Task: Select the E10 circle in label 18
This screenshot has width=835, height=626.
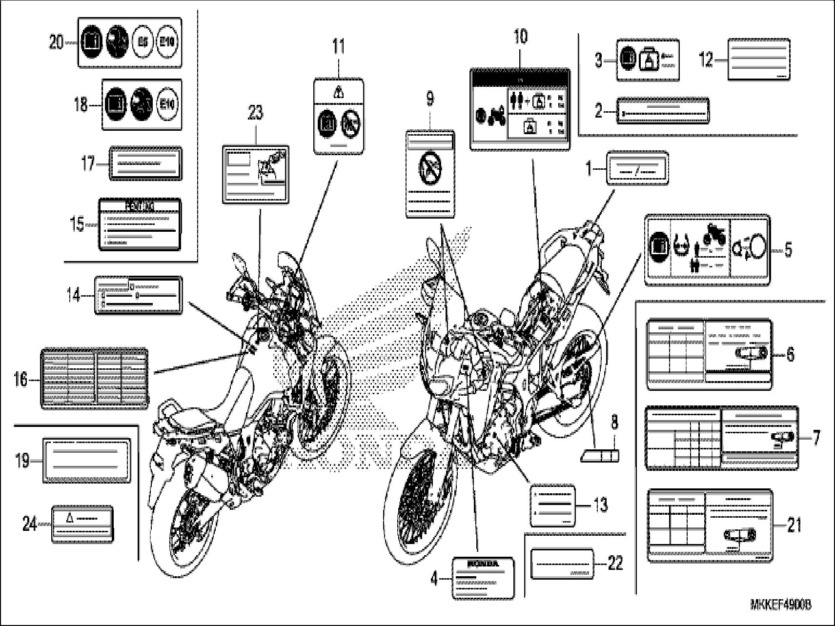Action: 167,104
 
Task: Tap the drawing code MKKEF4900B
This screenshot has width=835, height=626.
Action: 780,605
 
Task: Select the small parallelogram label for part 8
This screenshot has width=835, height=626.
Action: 600,456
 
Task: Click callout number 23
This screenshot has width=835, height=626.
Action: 255,113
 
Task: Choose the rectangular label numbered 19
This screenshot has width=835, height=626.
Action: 87,461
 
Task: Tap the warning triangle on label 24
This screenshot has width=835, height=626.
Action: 69,518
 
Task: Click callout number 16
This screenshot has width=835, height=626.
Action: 21,379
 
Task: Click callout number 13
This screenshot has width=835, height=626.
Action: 600,505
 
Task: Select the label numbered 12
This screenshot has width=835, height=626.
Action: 758,60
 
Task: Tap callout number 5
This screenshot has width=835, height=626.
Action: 788,250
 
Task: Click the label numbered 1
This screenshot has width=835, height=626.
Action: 637,168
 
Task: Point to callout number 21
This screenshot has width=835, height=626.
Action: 795,525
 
